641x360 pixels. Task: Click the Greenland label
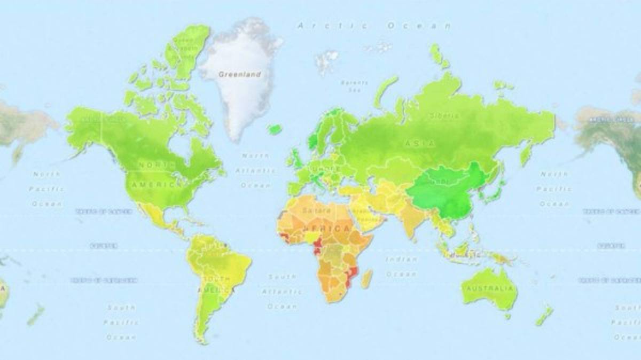[x=240, y=74]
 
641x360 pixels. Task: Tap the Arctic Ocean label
[x=374, y=26]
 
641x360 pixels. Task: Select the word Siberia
[x=443, y=115]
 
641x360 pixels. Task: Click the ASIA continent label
[x=420, y=143]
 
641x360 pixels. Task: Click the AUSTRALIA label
[x=490, y=289]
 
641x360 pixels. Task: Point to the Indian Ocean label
[x=402, y=266]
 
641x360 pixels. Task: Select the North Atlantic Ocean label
[x=255, y=170]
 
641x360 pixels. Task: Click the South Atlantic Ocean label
[x=282, y=292]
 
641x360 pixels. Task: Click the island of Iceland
[x=275, y=129]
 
